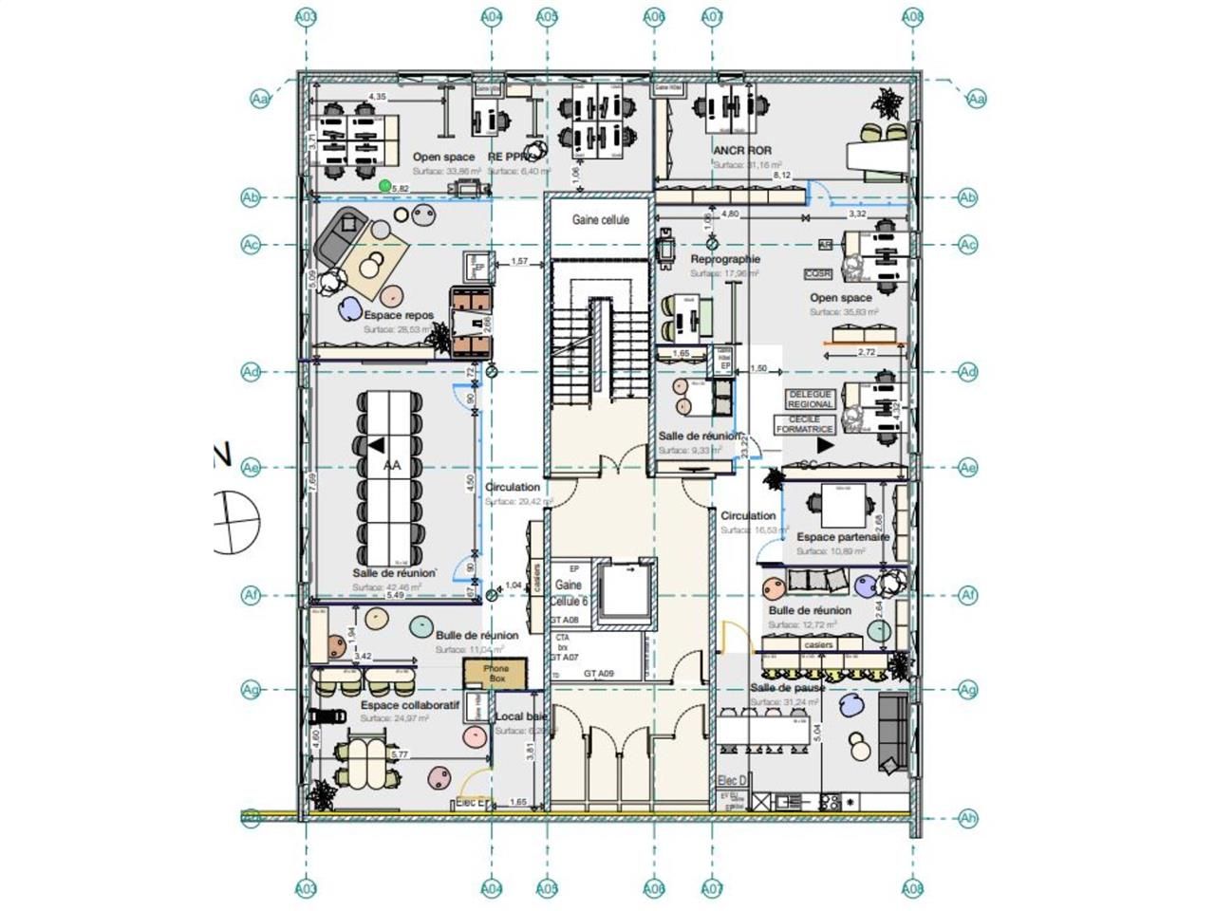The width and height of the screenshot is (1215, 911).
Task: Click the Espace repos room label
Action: pyautogui.click(x=399, y=315)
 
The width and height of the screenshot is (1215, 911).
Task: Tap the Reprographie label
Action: pyautogui.click(x=725, y=259)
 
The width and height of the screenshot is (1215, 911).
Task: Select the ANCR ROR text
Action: pyautogui.click(x=742, y=150)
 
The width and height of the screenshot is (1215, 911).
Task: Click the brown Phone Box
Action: pyautogui.click(x=495, y=674)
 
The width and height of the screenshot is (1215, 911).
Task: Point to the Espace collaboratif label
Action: pyautogui.click(x=409, y=706)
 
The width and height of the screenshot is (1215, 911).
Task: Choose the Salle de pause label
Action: pyautogui.click(x=787, y=687)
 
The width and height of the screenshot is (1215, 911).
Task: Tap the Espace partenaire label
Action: pyautogui.click(x=843, y=537)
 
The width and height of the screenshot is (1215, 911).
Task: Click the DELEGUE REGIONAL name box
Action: pyautogui.click(x=810, y=399)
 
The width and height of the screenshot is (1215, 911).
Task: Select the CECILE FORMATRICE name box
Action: pyautogui.click(x=804, y=424)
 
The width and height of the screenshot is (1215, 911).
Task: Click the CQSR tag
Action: pyautogui.click(x=817, y=273)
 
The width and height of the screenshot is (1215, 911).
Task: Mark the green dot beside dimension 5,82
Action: pyautogui.click(x=385, y=185)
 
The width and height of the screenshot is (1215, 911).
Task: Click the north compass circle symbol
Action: pyautogui.click(x=237, y=522)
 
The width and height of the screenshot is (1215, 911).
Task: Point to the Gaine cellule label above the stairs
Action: pyautogui.click(x=600, y=219)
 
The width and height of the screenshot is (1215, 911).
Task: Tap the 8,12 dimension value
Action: pyautogui.click(x=782, y=176)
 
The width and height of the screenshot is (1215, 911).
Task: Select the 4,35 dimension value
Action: pyautogui.click(x=377, y=97)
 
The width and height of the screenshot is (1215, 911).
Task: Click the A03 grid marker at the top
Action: pyautogui.click(x=306, y=16)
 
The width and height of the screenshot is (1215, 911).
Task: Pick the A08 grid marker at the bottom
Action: pyautogui.click(x=912, y=889)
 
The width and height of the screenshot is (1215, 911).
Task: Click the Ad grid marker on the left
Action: pyautogui.click(x=251, y=372)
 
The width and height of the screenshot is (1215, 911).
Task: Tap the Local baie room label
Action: pyautogui.click(x=520, y=716)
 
